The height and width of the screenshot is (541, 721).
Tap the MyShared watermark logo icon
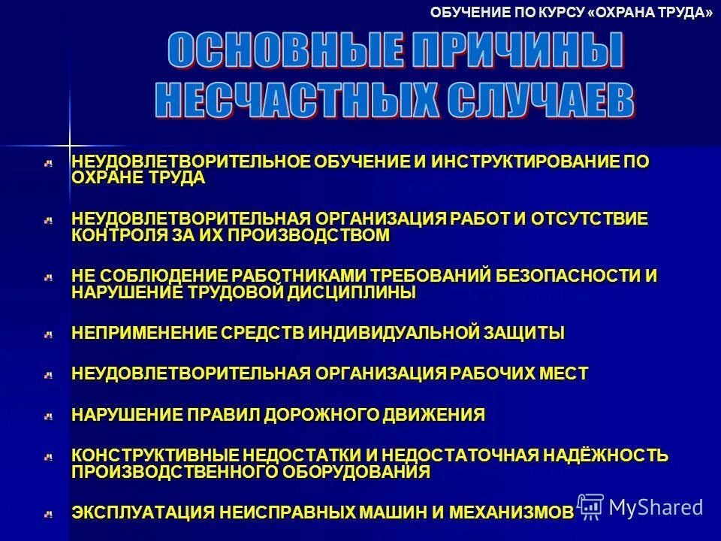click(x=590, y=506)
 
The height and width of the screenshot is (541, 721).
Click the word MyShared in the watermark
click(x=656, y=507)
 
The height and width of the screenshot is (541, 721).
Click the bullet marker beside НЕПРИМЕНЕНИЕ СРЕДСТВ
click(x=48, y=334)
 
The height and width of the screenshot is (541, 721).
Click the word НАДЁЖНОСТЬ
click(x=607, y=455)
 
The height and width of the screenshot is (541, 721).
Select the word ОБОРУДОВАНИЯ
click(x=357, y=472)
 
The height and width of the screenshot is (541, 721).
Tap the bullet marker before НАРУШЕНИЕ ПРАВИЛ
click(x=48, y=415)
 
